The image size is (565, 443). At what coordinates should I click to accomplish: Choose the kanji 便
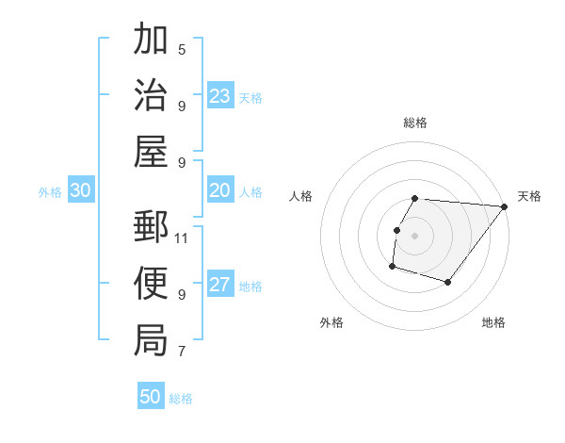coord(151,283)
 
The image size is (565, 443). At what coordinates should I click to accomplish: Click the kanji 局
coord(151,339)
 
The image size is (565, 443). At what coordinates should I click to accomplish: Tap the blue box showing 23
coord(220,95)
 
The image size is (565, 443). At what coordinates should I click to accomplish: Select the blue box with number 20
coord(220,190)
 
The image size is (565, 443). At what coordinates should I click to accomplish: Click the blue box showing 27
coord(220,286)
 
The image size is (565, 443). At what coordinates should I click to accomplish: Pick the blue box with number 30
coord(81,190)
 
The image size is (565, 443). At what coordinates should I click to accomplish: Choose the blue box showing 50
coord(151,397)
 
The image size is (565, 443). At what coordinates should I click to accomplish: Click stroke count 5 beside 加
coord(182,49)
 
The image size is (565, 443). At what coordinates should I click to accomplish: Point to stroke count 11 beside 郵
coord(182,238)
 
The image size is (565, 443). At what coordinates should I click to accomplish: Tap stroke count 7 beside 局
coord(182,352)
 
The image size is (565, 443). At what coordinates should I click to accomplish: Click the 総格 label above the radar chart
coord(415,123)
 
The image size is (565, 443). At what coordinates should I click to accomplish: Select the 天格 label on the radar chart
coord(529,196)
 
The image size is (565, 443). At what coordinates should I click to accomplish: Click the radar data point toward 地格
coord(448,282)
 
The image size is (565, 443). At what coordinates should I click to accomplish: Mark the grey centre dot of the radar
coord(415,236)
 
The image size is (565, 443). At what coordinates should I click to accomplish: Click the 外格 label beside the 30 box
coord(50,192)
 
